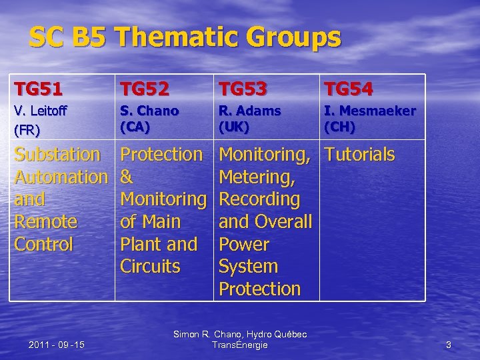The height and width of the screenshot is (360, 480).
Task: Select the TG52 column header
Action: tap(144, 87)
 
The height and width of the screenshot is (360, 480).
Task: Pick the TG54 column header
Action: tap(348, 87)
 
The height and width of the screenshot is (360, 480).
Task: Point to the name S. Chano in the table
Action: tap(149, 111)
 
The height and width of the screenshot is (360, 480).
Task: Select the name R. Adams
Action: tap(250, 111)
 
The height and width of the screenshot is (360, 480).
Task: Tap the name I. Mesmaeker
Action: tap(369, 111)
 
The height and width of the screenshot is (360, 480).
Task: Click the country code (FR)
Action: tap(27, 129)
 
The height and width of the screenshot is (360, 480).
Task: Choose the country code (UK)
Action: tap(233, 125)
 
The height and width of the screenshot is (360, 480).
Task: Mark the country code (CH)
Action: tap(339, 125)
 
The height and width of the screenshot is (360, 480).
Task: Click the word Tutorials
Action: tap(359, 155)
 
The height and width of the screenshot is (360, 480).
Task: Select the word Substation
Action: tap(57, 155)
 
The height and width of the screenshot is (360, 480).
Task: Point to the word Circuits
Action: tap(150, 267)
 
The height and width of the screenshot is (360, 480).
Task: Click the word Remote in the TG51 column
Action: tap(46, 222)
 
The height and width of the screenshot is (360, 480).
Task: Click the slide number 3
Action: tap(449, 345)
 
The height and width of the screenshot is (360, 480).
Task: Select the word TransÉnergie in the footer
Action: tap(239, 345)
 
